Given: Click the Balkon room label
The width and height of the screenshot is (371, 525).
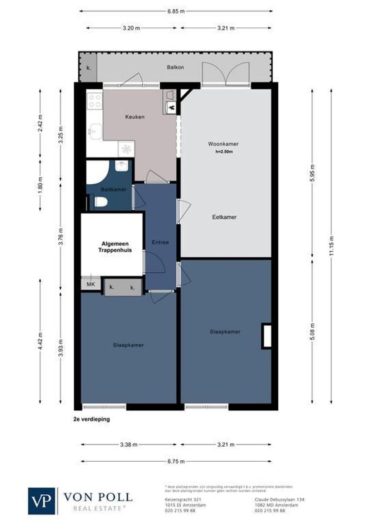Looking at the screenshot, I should click(x=176, y=67).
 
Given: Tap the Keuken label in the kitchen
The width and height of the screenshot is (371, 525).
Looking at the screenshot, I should click(x=135, y=117).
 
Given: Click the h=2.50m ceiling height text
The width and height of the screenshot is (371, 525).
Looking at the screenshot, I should click(x=224, y=152).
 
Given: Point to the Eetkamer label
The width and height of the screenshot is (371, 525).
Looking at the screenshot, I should click(x=224, y=217).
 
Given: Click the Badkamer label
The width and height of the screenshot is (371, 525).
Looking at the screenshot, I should click(x=108, y=189).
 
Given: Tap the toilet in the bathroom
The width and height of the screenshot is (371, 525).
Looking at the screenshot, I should click(x=101, y=202).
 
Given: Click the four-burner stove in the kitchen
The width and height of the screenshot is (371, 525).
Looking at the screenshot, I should click(x=94, y=101).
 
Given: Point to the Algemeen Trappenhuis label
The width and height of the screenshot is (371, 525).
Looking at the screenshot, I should click(x=112, y=247).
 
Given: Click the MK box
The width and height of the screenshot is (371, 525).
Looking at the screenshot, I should click(x=90, y=284).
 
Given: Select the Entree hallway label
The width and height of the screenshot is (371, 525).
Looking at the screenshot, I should click(x=160, y=242).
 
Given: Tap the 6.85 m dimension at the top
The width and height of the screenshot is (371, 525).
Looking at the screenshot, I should click(x=176, y=11).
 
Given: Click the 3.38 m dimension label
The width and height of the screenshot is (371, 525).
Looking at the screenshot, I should click(x=129, y=445).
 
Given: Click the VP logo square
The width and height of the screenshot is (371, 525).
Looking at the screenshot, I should click(x=42, y=501).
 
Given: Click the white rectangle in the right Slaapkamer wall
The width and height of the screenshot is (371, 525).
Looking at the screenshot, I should click(x=267, y=335).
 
